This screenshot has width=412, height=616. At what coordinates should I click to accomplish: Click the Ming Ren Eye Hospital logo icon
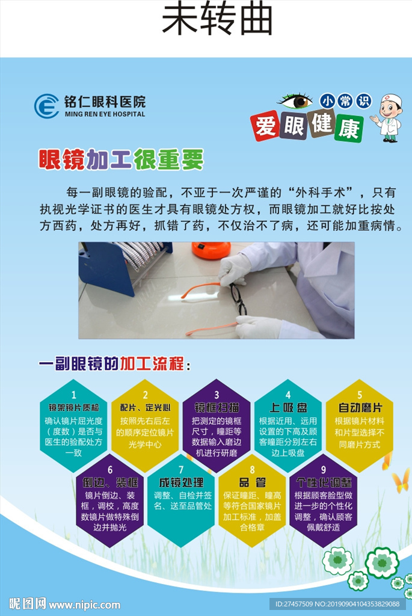point(46,106)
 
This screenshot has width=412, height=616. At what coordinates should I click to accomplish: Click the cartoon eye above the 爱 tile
point(295,101)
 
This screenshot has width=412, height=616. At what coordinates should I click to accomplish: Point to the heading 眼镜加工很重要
point(121,159)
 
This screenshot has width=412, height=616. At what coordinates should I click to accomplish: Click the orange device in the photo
point(211,250)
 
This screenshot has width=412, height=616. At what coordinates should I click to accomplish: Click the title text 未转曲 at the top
point(217,20)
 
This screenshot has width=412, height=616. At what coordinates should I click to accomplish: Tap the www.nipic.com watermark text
point(84,605)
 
